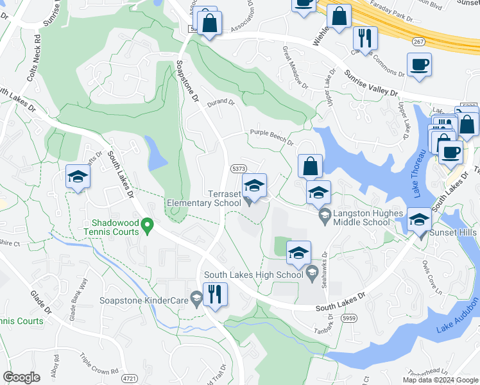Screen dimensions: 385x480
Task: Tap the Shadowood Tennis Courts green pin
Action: click(x=147, y=225)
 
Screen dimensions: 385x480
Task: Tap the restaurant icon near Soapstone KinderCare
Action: click(x=215, y=295)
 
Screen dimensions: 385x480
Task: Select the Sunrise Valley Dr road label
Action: click(x=370, y=83)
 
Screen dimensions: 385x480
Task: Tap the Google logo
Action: click(x=21, y=377)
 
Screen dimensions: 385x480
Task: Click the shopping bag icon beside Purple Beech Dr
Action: click(x=310, y=166)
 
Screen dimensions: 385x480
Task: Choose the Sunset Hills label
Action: click(x=454, y=232)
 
